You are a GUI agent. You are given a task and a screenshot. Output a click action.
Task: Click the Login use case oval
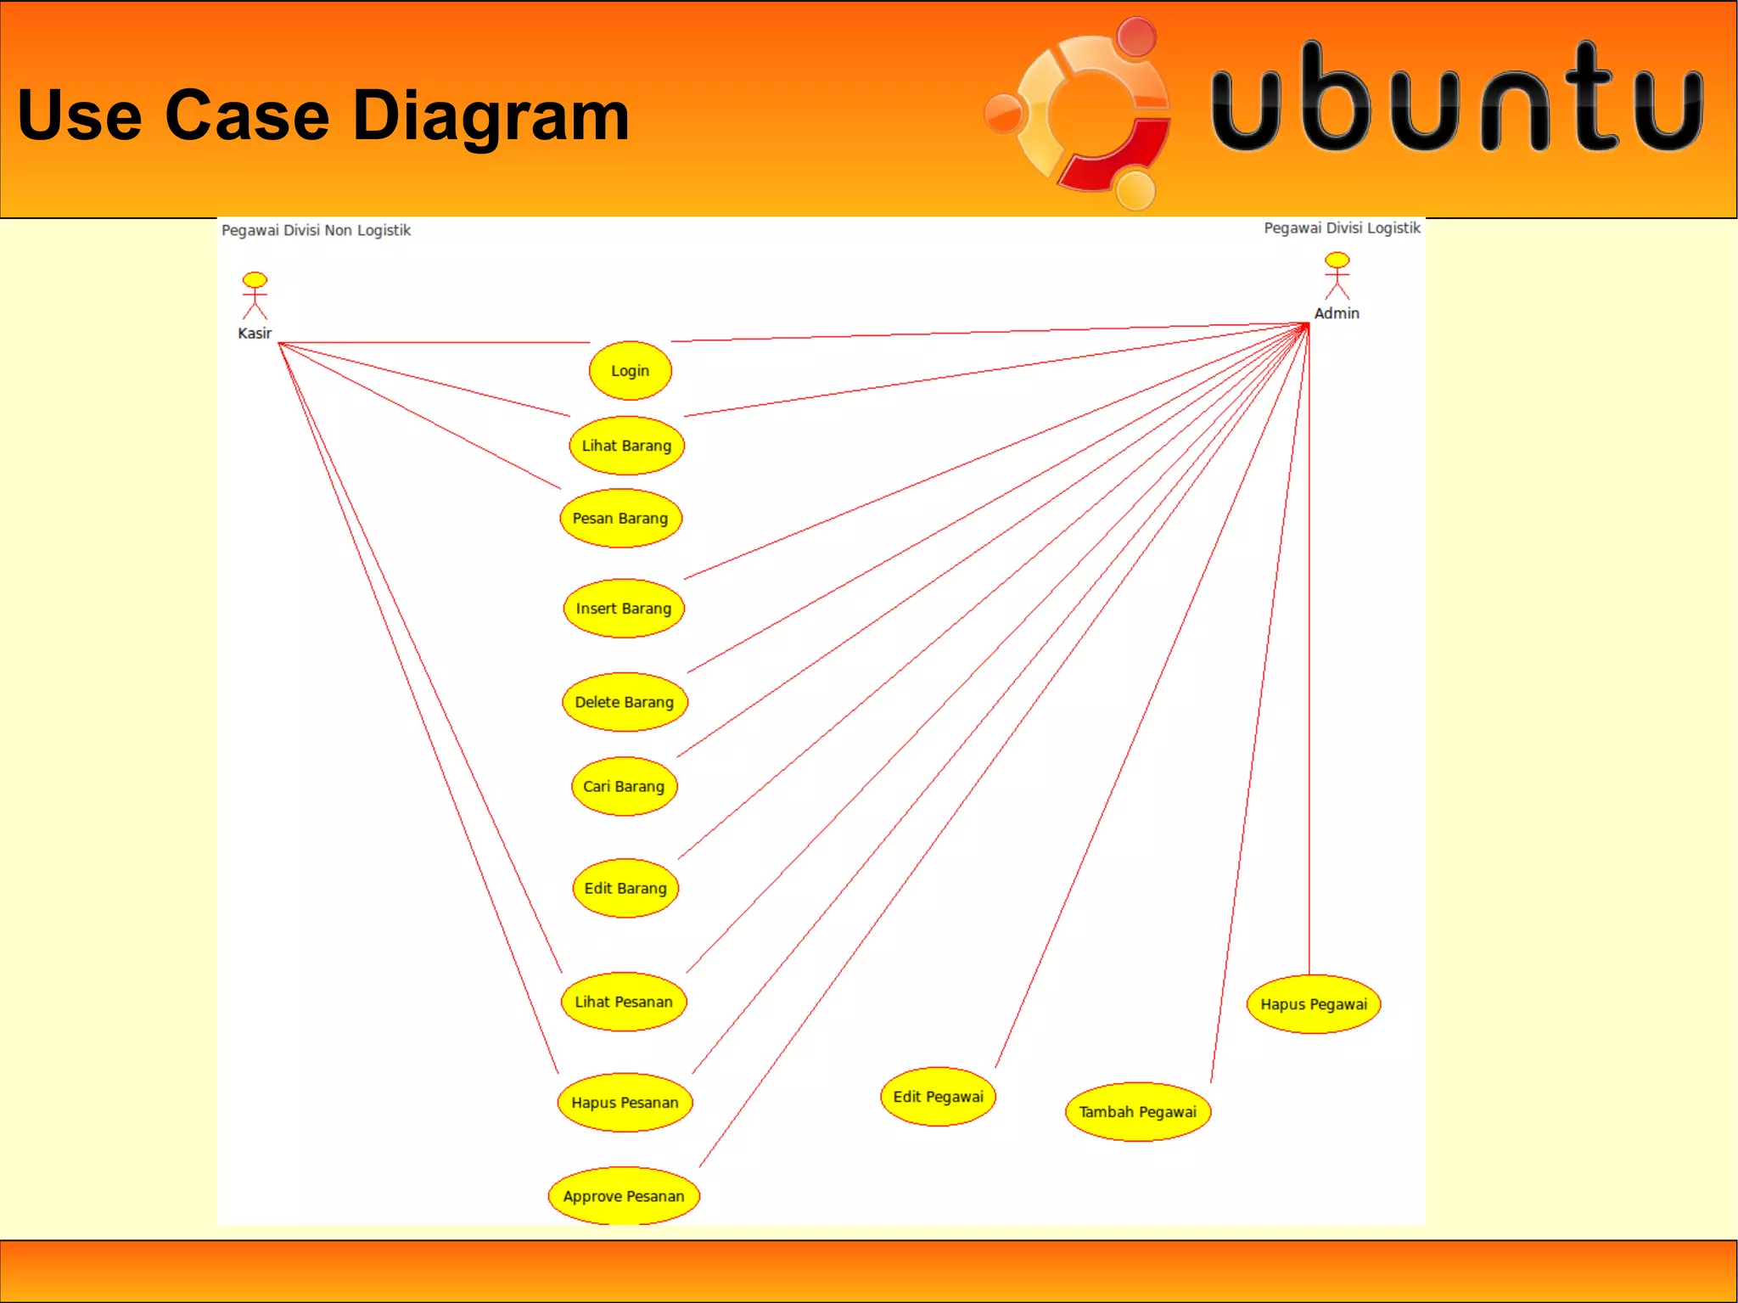630,371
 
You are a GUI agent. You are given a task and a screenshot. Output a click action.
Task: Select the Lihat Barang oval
626,446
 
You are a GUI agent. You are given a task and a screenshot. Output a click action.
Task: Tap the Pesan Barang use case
620,519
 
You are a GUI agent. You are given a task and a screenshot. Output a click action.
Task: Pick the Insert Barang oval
624,609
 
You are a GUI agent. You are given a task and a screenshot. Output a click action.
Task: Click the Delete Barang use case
625,702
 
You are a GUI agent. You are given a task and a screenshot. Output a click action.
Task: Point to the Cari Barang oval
624,786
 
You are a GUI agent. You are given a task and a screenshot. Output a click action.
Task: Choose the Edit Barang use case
625,888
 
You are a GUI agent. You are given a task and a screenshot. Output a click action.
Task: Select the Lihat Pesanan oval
624,1002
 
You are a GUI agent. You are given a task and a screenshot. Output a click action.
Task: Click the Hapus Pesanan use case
625,1103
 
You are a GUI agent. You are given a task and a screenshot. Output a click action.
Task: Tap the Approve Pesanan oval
624,1196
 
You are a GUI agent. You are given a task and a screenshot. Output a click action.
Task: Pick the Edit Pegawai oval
938,1097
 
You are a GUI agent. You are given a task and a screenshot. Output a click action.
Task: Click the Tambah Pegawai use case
1137,1112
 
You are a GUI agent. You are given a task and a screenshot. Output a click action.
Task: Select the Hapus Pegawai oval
1314,1004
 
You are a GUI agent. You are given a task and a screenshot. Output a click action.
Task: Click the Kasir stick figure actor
255,295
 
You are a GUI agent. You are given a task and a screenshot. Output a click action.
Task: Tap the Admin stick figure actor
1337,276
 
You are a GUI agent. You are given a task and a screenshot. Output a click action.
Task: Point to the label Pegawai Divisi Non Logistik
316,230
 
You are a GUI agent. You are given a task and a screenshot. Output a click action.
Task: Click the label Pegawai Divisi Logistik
1341,227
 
